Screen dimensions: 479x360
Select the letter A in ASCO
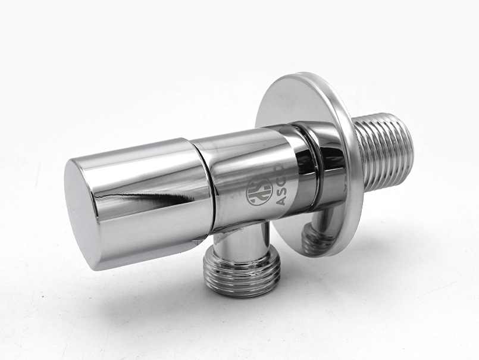point(279,201)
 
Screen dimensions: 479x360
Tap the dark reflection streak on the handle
point(171,198)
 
